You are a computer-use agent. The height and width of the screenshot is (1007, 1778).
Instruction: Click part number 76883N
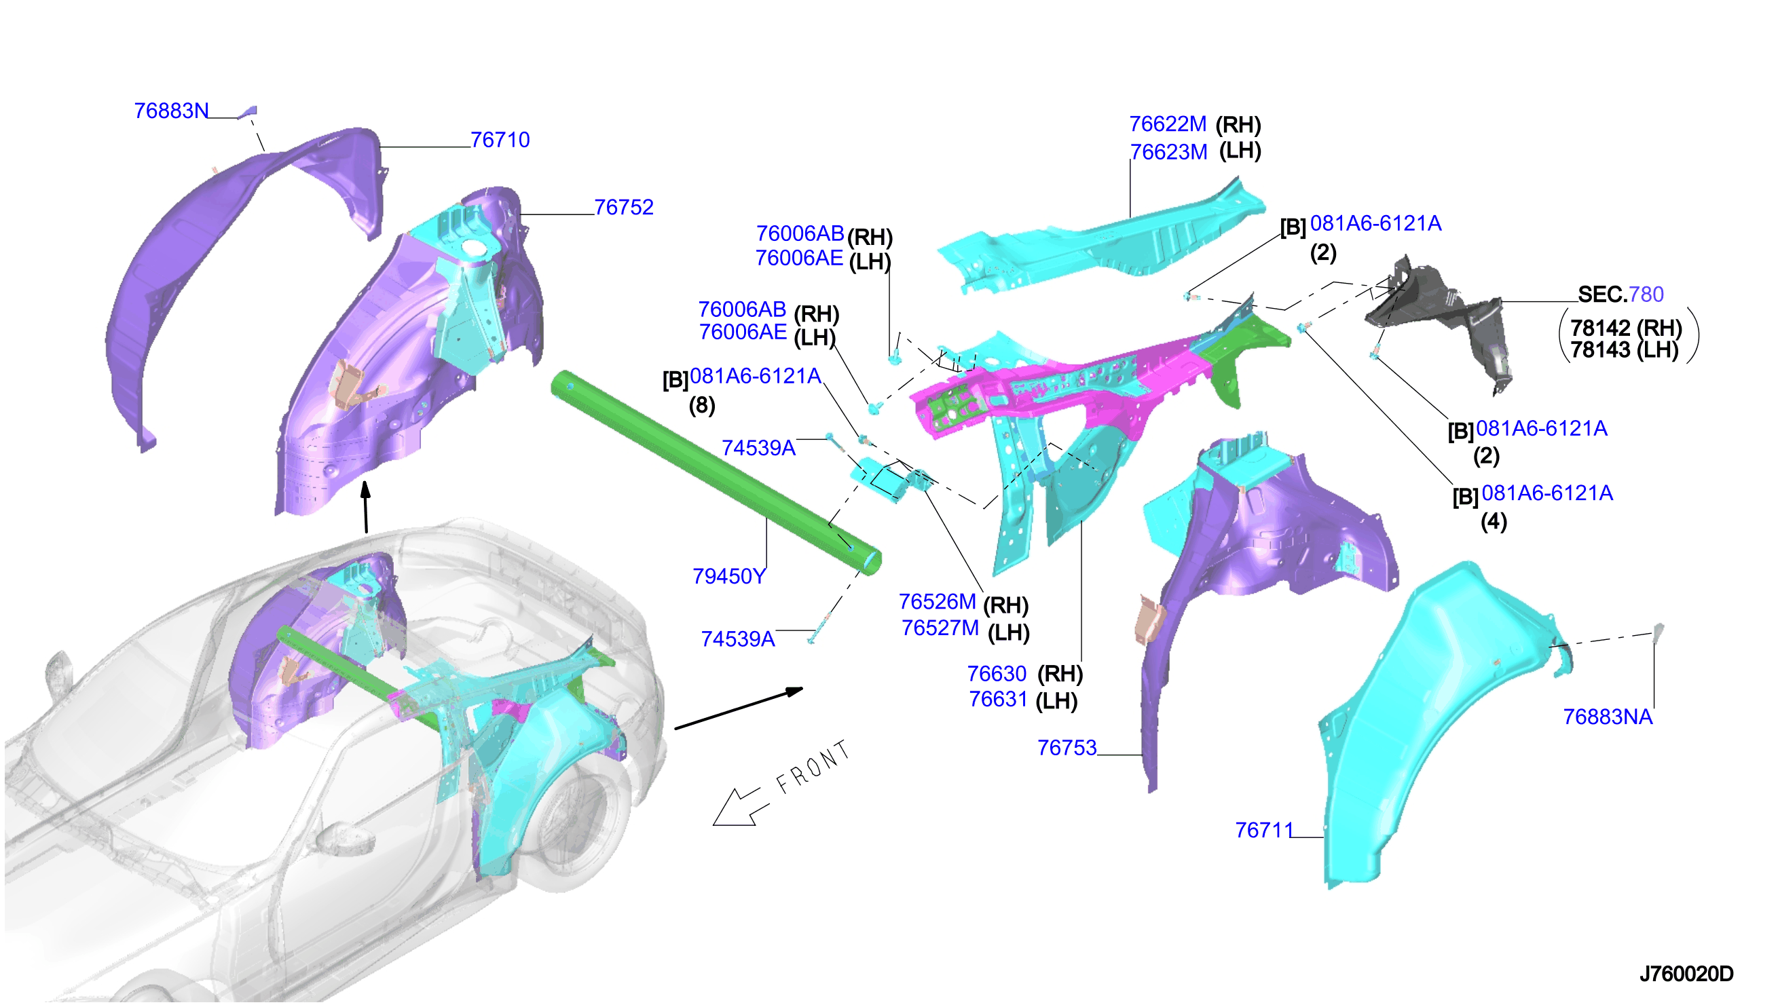point(172,111)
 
